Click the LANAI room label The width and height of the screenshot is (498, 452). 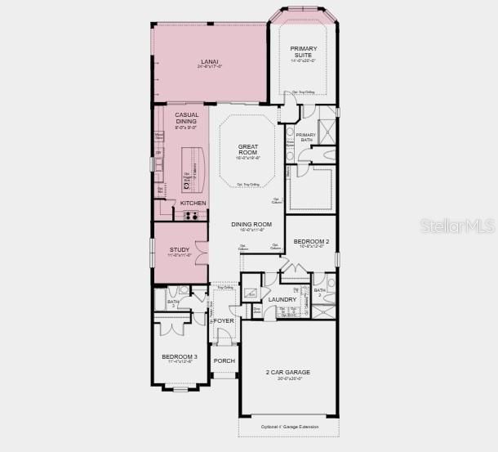pos(210,61)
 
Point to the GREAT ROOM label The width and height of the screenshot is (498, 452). pos(248,150)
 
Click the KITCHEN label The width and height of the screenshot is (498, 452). pos(193,203)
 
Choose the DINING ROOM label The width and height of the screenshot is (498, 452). pos(251,224)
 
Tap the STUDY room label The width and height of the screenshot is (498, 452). pos(180,249)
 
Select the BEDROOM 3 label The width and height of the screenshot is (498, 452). pos(180,356)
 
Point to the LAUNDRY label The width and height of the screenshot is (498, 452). pos(282,300)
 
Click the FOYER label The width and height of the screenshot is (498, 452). pos(224,321)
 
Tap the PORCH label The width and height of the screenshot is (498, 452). pos(224,360)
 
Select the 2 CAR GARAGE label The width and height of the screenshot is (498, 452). pos(288,372)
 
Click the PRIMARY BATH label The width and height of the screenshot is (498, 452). pos(305,137)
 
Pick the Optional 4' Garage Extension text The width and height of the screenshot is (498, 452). pos(289,427)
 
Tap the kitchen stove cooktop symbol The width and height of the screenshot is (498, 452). pos(193,215)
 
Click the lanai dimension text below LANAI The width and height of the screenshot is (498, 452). pos(210,67)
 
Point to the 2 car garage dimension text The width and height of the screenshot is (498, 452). pos(288,378)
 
